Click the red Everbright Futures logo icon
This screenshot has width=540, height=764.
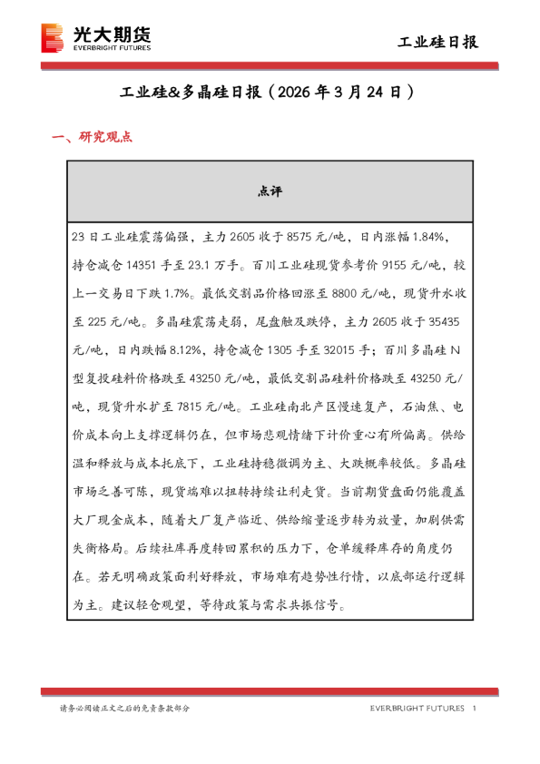[54, 39]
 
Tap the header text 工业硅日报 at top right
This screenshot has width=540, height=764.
[438, 42]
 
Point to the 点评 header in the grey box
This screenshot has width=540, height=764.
[270, 191]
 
